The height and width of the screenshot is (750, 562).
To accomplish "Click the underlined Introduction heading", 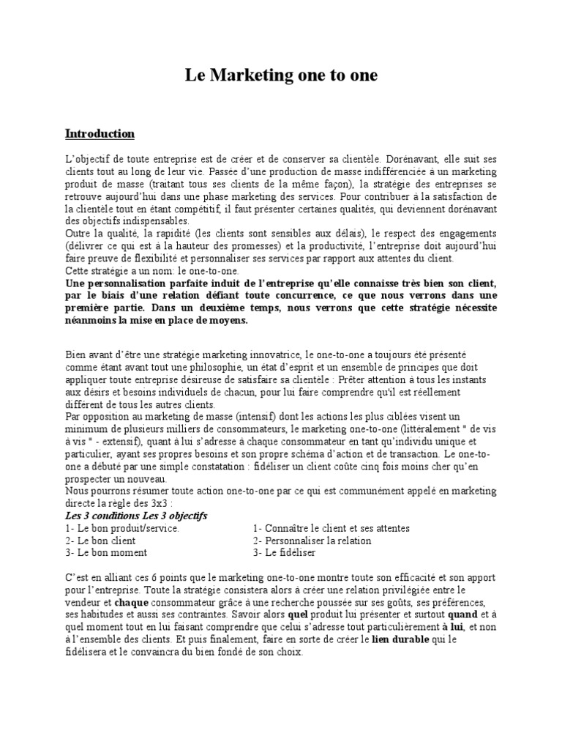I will (x=100, y=134).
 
